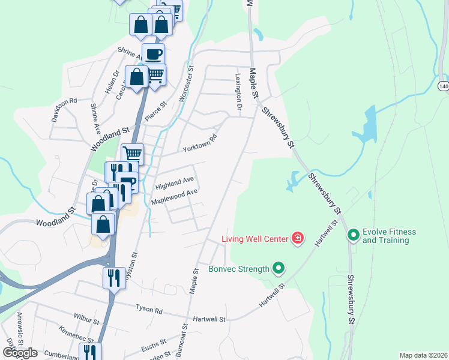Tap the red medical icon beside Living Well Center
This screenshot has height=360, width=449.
297,239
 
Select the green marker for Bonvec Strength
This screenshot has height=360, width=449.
279,268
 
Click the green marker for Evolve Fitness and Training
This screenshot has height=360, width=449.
354,235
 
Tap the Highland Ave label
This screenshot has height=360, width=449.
174,184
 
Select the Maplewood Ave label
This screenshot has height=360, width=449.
174,196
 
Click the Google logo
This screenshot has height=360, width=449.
19,353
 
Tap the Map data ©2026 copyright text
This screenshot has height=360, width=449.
423,355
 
